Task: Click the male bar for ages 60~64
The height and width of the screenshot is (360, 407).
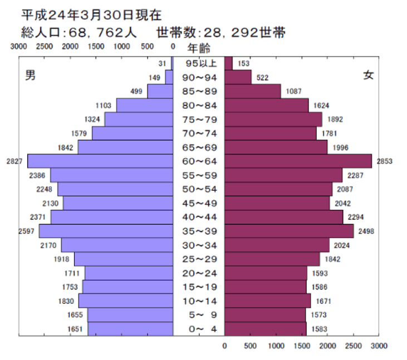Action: coord(100,161)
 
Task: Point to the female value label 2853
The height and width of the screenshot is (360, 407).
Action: coord(385,161)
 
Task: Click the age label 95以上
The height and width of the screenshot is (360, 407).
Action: coord(199,63)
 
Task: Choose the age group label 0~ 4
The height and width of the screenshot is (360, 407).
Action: coord(199,329)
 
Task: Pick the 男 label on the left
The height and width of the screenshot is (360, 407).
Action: coord(31,76)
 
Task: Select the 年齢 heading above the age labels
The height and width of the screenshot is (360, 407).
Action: coord(199,48)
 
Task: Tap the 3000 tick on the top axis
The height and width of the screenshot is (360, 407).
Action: coord(18,47)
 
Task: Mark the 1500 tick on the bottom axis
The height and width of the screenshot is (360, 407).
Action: coord(302,346)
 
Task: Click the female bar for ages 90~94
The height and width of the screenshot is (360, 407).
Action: coord(238,77)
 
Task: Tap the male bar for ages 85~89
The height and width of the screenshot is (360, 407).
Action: coord(160,91)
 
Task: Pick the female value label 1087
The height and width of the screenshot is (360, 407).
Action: coord(295,91)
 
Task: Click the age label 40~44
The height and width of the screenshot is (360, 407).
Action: coord(199,217)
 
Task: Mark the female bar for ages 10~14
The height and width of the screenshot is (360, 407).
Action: coord(267,300)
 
